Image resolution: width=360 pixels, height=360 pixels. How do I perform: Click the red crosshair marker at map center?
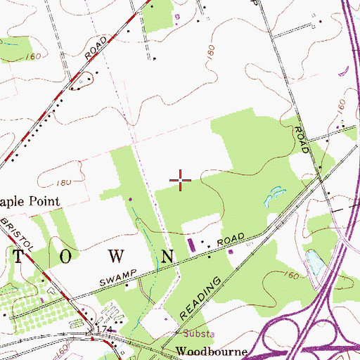[x=181, y=181]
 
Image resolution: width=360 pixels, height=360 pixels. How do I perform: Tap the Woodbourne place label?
[x=203, y=350]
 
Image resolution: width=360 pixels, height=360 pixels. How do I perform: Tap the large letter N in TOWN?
[x=167, y=255]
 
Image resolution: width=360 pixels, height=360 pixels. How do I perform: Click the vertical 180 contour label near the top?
[x=209, y=52]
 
